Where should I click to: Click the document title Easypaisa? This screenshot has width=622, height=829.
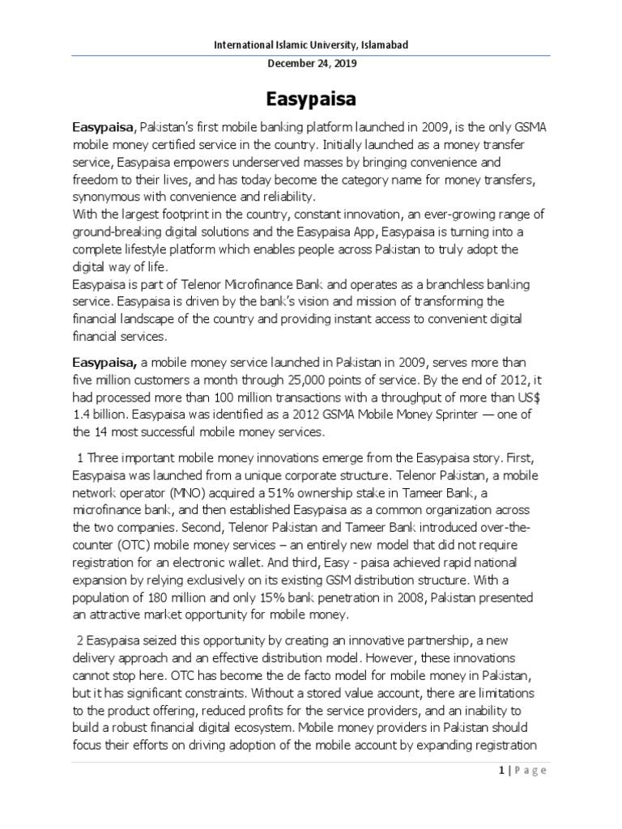pos(310,99)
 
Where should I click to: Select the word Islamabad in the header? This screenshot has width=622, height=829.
pos(372,45)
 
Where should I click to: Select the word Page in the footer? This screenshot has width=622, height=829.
pos(531,770)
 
